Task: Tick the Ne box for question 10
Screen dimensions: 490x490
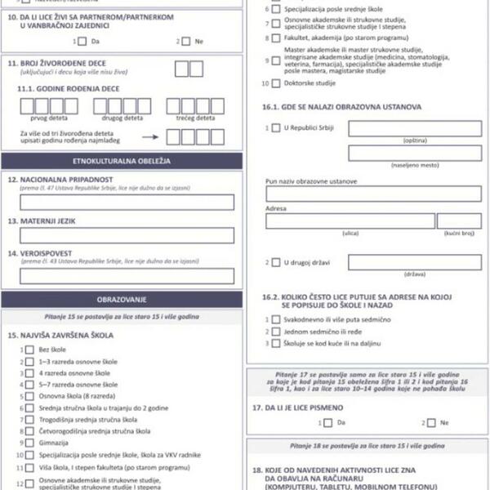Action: (185, 41)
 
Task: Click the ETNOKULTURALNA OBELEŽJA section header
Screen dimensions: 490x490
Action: (121, 161)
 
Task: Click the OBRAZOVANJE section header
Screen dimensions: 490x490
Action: (121, 300)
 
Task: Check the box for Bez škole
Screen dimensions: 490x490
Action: (29, 350)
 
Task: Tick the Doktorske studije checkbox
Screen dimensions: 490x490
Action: (276, 82)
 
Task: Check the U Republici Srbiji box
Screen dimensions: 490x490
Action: (275, 128)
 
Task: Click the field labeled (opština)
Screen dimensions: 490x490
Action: (415, 128)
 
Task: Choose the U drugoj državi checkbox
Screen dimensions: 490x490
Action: (275, 262)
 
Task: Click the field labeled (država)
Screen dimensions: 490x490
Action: (415, 262)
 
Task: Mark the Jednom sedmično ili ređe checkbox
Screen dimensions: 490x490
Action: (276, 332)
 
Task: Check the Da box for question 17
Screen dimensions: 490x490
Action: (327, 422)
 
